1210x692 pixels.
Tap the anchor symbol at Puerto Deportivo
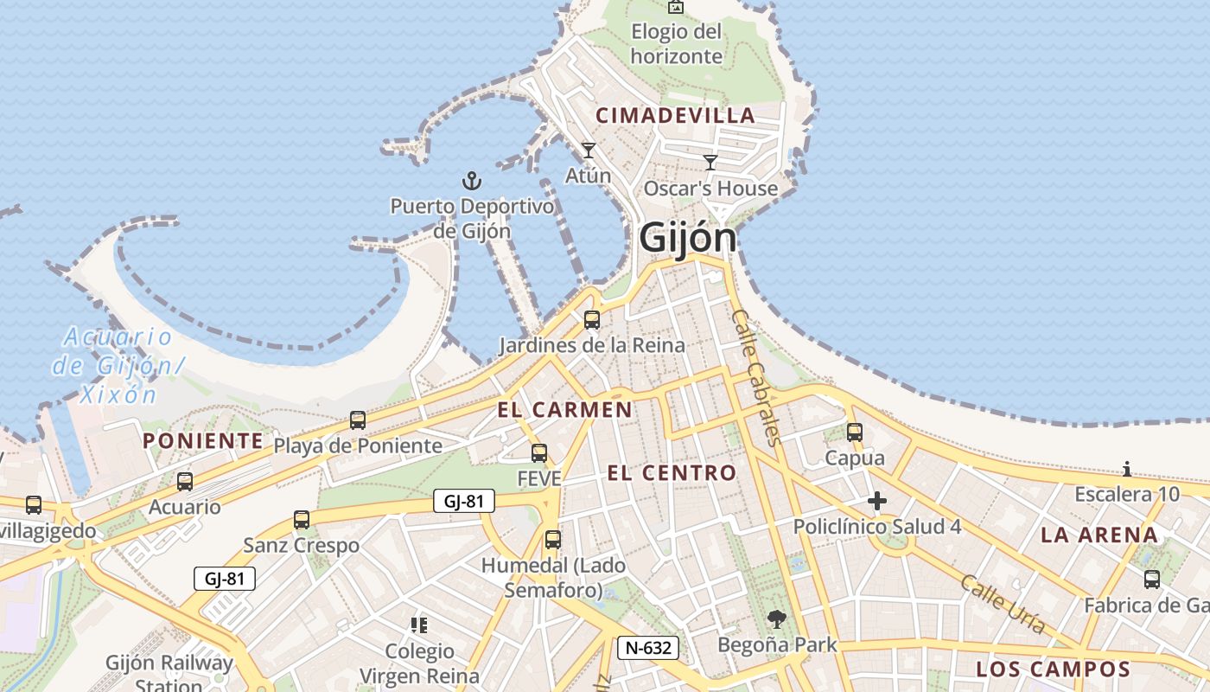[x=472, y=181]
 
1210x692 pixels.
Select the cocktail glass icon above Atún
[x=589, y=151]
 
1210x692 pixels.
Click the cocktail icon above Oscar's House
[x=710, y=162]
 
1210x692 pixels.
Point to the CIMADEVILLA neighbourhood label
[x=676, y=116]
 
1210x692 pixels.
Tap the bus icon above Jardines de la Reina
[x=592, y=320]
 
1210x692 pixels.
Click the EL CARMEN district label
[x=565, y=410]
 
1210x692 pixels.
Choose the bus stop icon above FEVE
[x=539, y=452]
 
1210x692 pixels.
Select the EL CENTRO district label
[x=672, y=473]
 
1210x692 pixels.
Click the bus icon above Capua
[x=855, y=432]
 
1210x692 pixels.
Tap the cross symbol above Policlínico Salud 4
[x=877, y=501]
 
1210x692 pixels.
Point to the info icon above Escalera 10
[x=1127, y=470]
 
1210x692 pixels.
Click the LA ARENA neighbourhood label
[x=1099, y=535]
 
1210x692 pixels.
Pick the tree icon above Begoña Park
[x=777, y=619]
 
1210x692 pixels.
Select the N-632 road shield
[x=648, y=647]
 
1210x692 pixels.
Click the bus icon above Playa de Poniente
[x=358, y=420]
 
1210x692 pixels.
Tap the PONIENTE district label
[x=203, y=441]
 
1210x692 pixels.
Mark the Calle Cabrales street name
[x=756, y=377]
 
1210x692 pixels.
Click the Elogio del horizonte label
[x=677, y=44]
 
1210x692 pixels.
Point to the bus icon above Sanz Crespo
[x=302, y=520]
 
